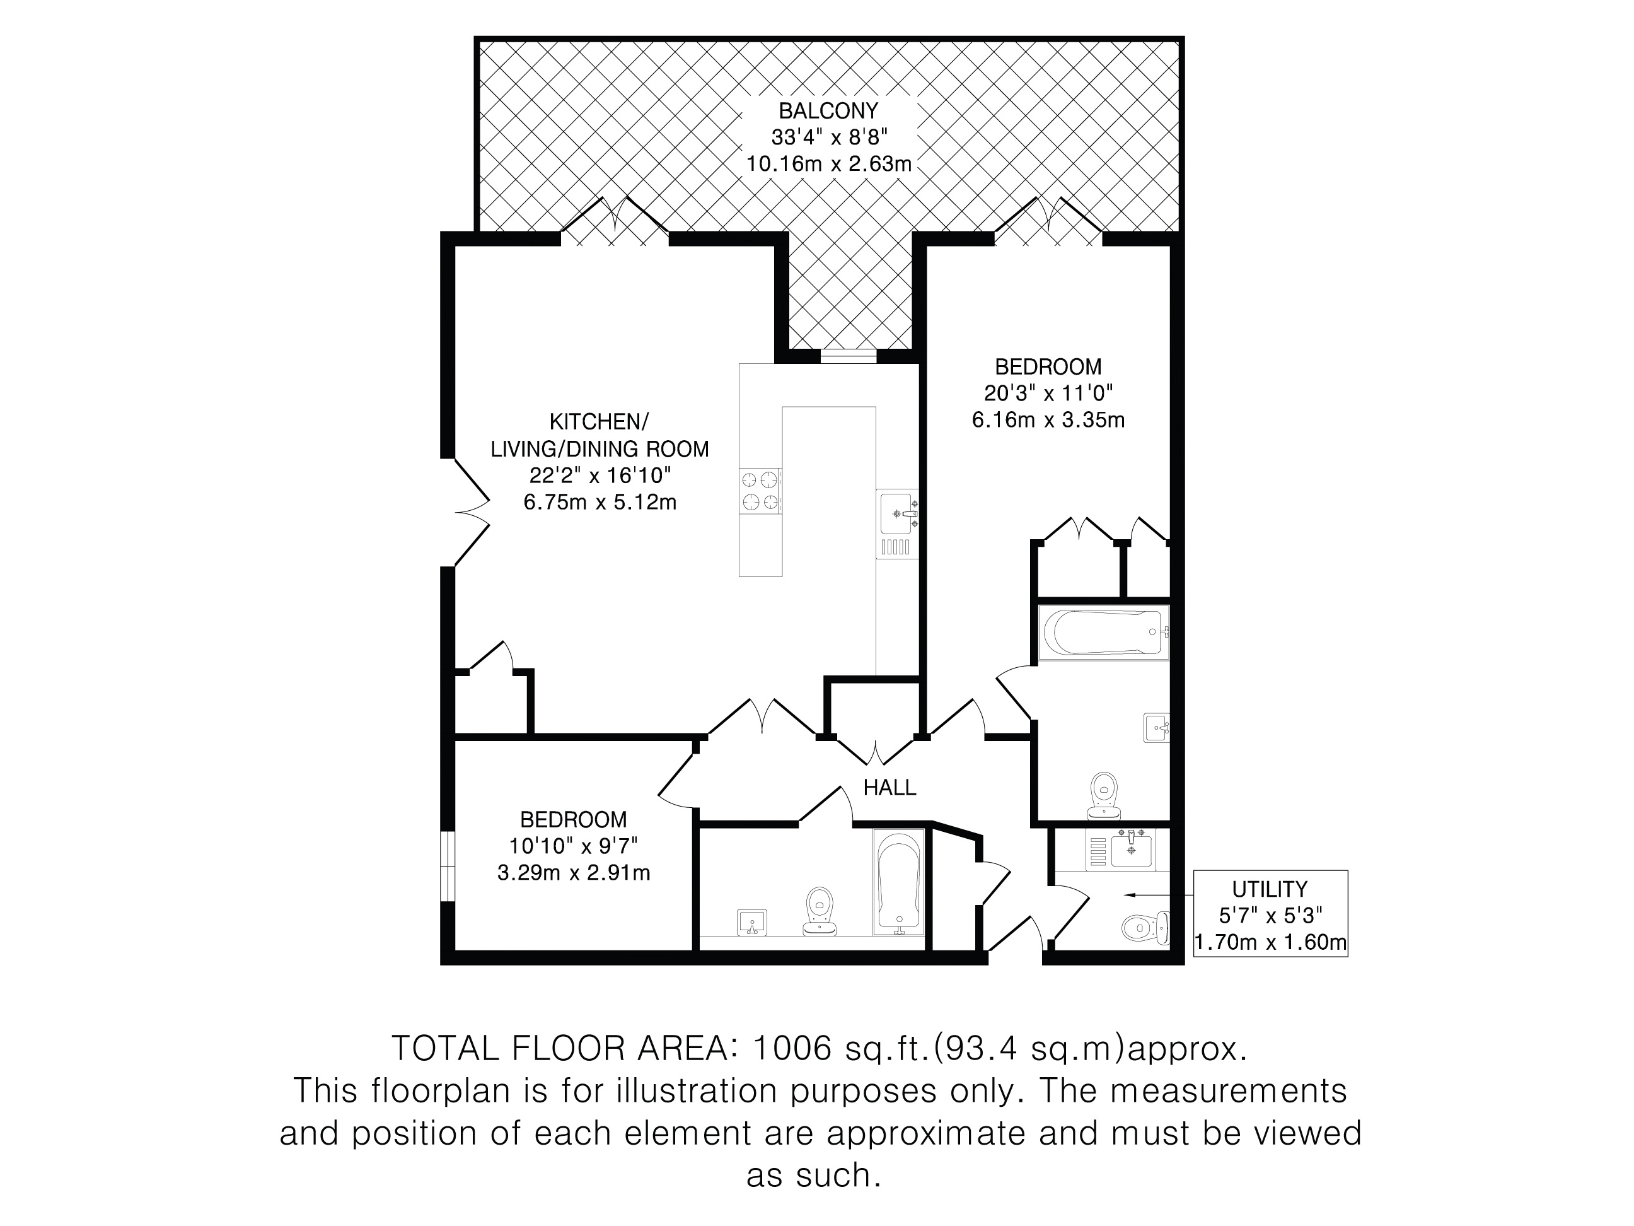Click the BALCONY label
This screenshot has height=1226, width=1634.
[x=828, y=111]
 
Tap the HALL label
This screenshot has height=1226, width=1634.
[x=889, y=788]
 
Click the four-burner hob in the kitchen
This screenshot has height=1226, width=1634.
[x=761, y=491]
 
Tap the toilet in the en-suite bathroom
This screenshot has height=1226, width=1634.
[x=1104, y=796]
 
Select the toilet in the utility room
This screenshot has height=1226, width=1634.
[x=1145, y=928]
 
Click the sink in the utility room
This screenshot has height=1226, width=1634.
[x=1131, y=848]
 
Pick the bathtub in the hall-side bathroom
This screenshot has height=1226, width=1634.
[x=899, y=882]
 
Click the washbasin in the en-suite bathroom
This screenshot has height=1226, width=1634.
[x=1157, y=727]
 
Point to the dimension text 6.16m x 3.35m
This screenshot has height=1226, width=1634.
[x=1048, y=421]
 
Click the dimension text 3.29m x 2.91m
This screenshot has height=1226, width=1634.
[x=573, y=873]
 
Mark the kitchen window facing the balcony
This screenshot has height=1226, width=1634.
[x=848, y=356]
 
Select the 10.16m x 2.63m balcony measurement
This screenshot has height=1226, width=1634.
[x=829, y=164]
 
